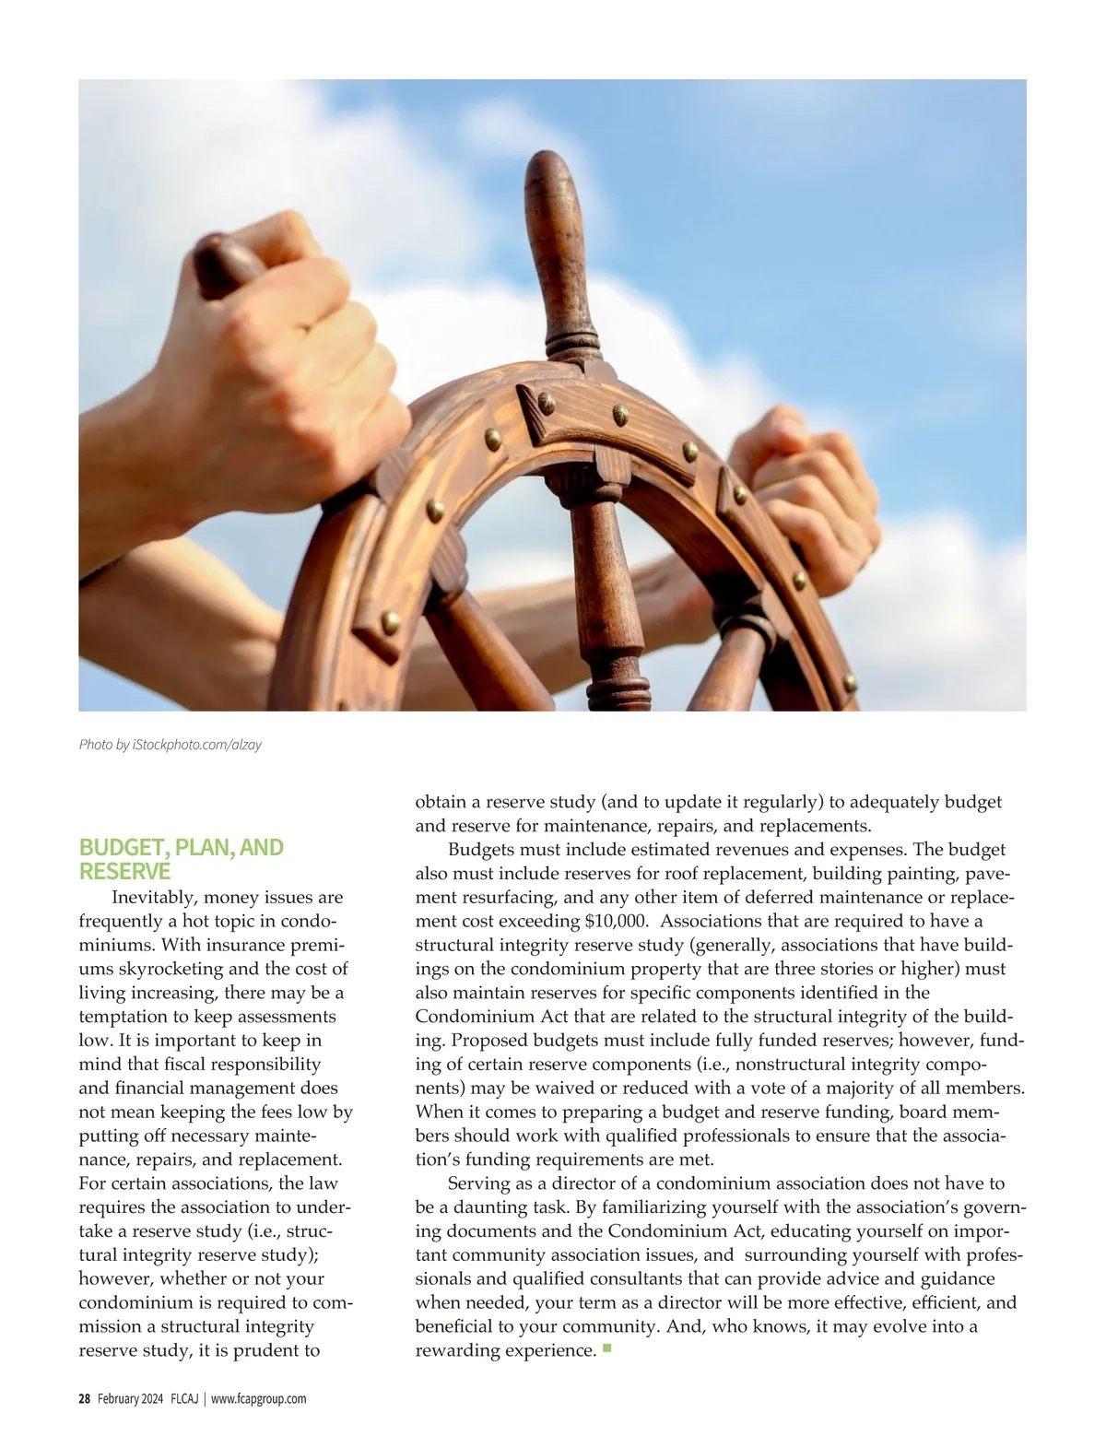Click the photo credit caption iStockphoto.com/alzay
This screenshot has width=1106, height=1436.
coord(171,745)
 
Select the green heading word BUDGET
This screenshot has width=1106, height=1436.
coord(117,848)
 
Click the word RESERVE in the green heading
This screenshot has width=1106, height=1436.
coord(124,872)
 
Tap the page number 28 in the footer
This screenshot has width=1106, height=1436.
coord(84,1399)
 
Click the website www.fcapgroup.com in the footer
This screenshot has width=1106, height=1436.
coord(259,1399)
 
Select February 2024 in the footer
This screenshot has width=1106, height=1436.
coord(131,1399)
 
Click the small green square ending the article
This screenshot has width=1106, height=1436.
coord(606,1349)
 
